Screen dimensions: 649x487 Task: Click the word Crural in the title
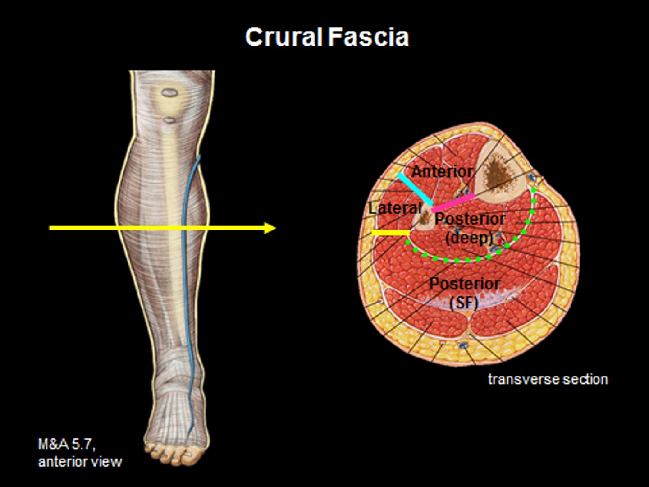[283, 37]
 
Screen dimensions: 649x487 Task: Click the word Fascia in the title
[368, 37]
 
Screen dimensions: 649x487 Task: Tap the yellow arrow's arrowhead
[270, 228]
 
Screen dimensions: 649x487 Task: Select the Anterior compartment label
[442, 171]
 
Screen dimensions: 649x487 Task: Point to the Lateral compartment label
[395, 208]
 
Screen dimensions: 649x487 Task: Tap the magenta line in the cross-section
[453, 203]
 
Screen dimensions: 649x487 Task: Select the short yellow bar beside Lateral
[390, 233]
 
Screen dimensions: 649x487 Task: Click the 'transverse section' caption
[548, 379]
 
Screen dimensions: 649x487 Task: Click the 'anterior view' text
[80, 462]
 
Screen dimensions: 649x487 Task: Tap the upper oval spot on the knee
[169, 93]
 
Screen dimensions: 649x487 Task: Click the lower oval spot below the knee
[169, 120]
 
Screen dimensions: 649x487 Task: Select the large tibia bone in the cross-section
[500, 174]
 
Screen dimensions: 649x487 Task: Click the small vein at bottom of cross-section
[463, 345]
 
